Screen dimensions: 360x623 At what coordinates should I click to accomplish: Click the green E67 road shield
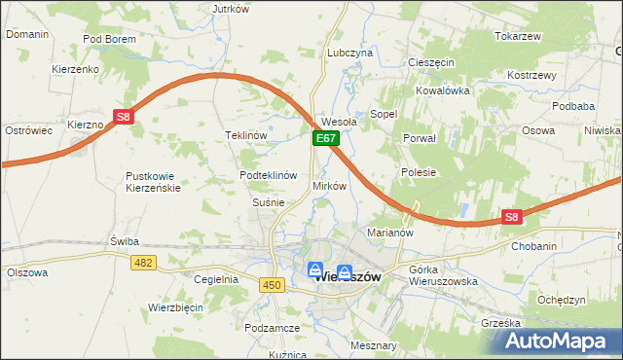pyautogui.click(x=326, y=140)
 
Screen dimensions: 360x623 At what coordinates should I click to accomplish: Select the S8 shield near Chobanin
pyautogui.click(x=512, y=218)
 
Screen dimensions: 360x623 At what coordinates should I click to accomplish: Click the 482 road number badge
pyautogui.click(x=145, y=263)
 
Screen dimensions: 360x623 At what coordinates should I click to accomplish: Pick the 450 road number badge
pyautogui.click(x=272, y=284)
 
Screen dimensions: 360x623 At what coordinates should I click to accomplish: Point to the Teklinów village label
pyautogui.click(x=245, y=135)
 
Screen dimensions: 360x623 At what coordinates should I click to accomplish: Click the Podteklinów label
pyautogui.click(x=268, y=175)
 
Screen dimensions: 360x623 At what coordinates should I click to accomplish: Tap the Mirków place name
pyautogui.click(x=329, y=185)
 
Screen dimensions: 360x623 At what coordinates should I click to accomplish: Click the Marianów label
pyautogui.click(x=390, y=234)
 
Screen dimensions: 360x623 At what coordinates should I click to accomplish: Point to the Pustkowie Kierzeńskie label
pyautogui.click(x=153, y=182)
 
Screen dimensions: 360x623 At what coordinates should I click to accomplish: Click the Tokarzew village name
pyautogui.click(x=517, y=36)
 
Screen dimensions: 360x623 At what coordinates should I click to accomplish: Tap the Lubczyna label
pyautogui.click(x=350, y=53)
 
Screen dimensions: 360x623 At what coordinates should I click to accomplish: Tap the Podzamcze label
pyautogui.click(x=272, y=329)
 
